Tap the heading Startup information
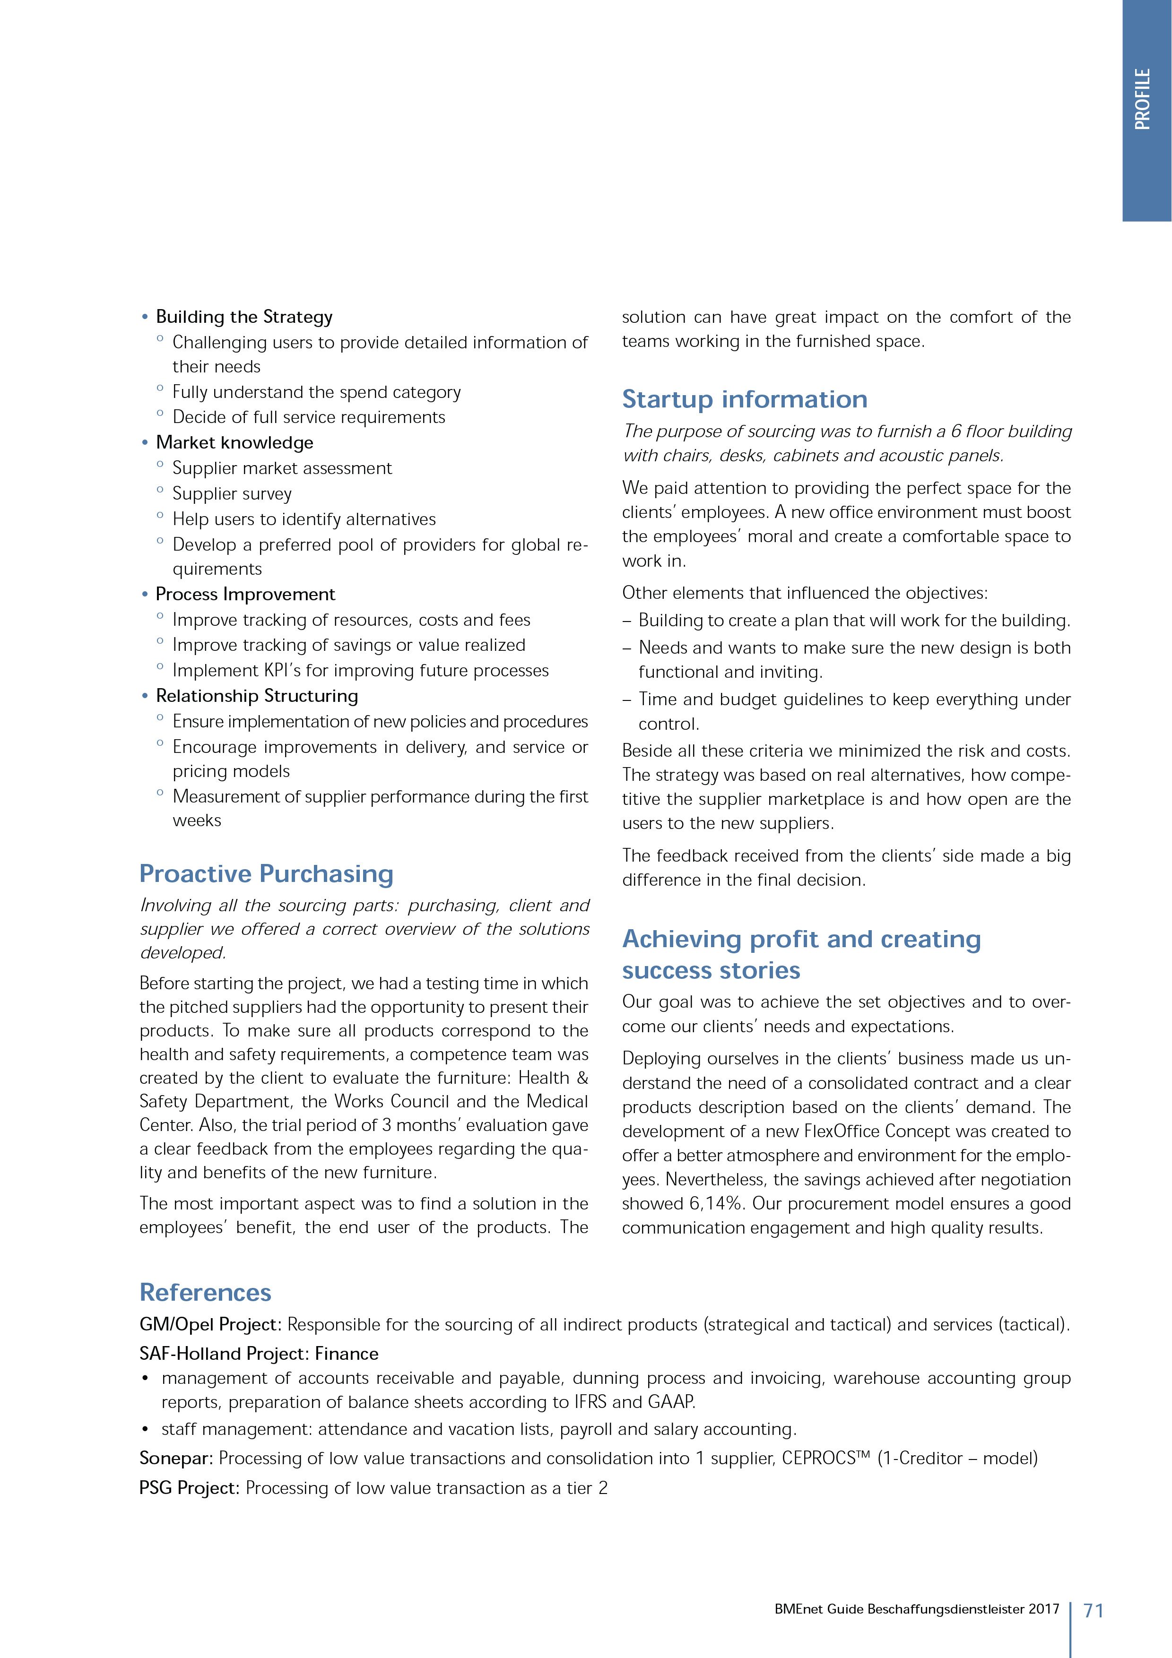pos(745,399)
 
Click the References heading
pos(205,1292)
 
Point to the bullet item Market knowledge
pos(234,443)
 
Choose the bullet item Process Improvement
pos(245,594)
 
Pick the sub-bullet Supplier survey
pos(232,494)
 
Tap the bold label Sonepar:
pos(175,1458)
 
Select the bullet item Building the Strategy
pos(244,317)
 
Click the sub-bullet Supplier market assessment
pos(282,469)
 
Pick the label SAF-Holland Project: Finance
pos(259,1353)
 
